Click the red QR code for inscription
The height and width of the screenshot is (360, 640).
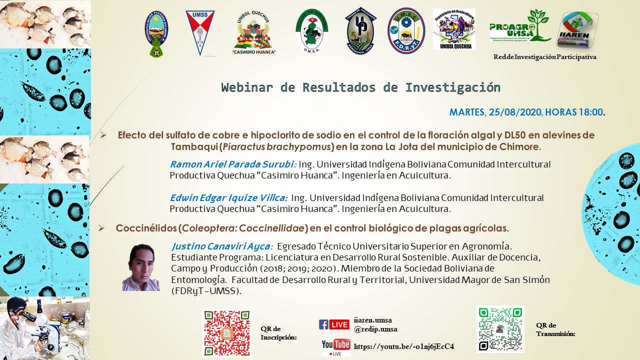point(226,333)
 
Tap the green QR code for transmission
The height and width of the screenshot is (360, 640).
point(500,329)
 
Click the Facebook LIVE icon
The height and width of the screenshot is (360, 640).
point(334,324)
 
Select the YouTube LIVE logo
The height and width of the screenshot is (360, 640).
point(335,346)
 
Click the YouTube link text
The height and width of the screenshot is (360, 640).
point(404,346)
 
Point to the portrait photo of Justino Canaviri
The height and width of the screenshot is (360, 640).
point(141,267)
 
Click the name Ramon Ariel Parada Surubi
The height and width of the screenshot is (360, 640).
point(233,164)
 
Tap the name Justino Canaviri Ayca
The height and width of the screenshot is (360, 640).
point(222,246)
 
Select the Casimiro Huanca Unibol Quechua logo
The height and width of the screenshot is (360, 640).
point(254,33)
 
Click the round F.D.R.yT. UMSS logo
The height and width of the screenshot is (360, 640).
point(406,30)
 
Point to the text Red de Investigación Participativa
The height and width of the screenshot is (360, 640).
point(544,57)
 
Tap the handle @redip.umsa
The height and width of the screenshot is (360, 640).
point(375,329)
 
